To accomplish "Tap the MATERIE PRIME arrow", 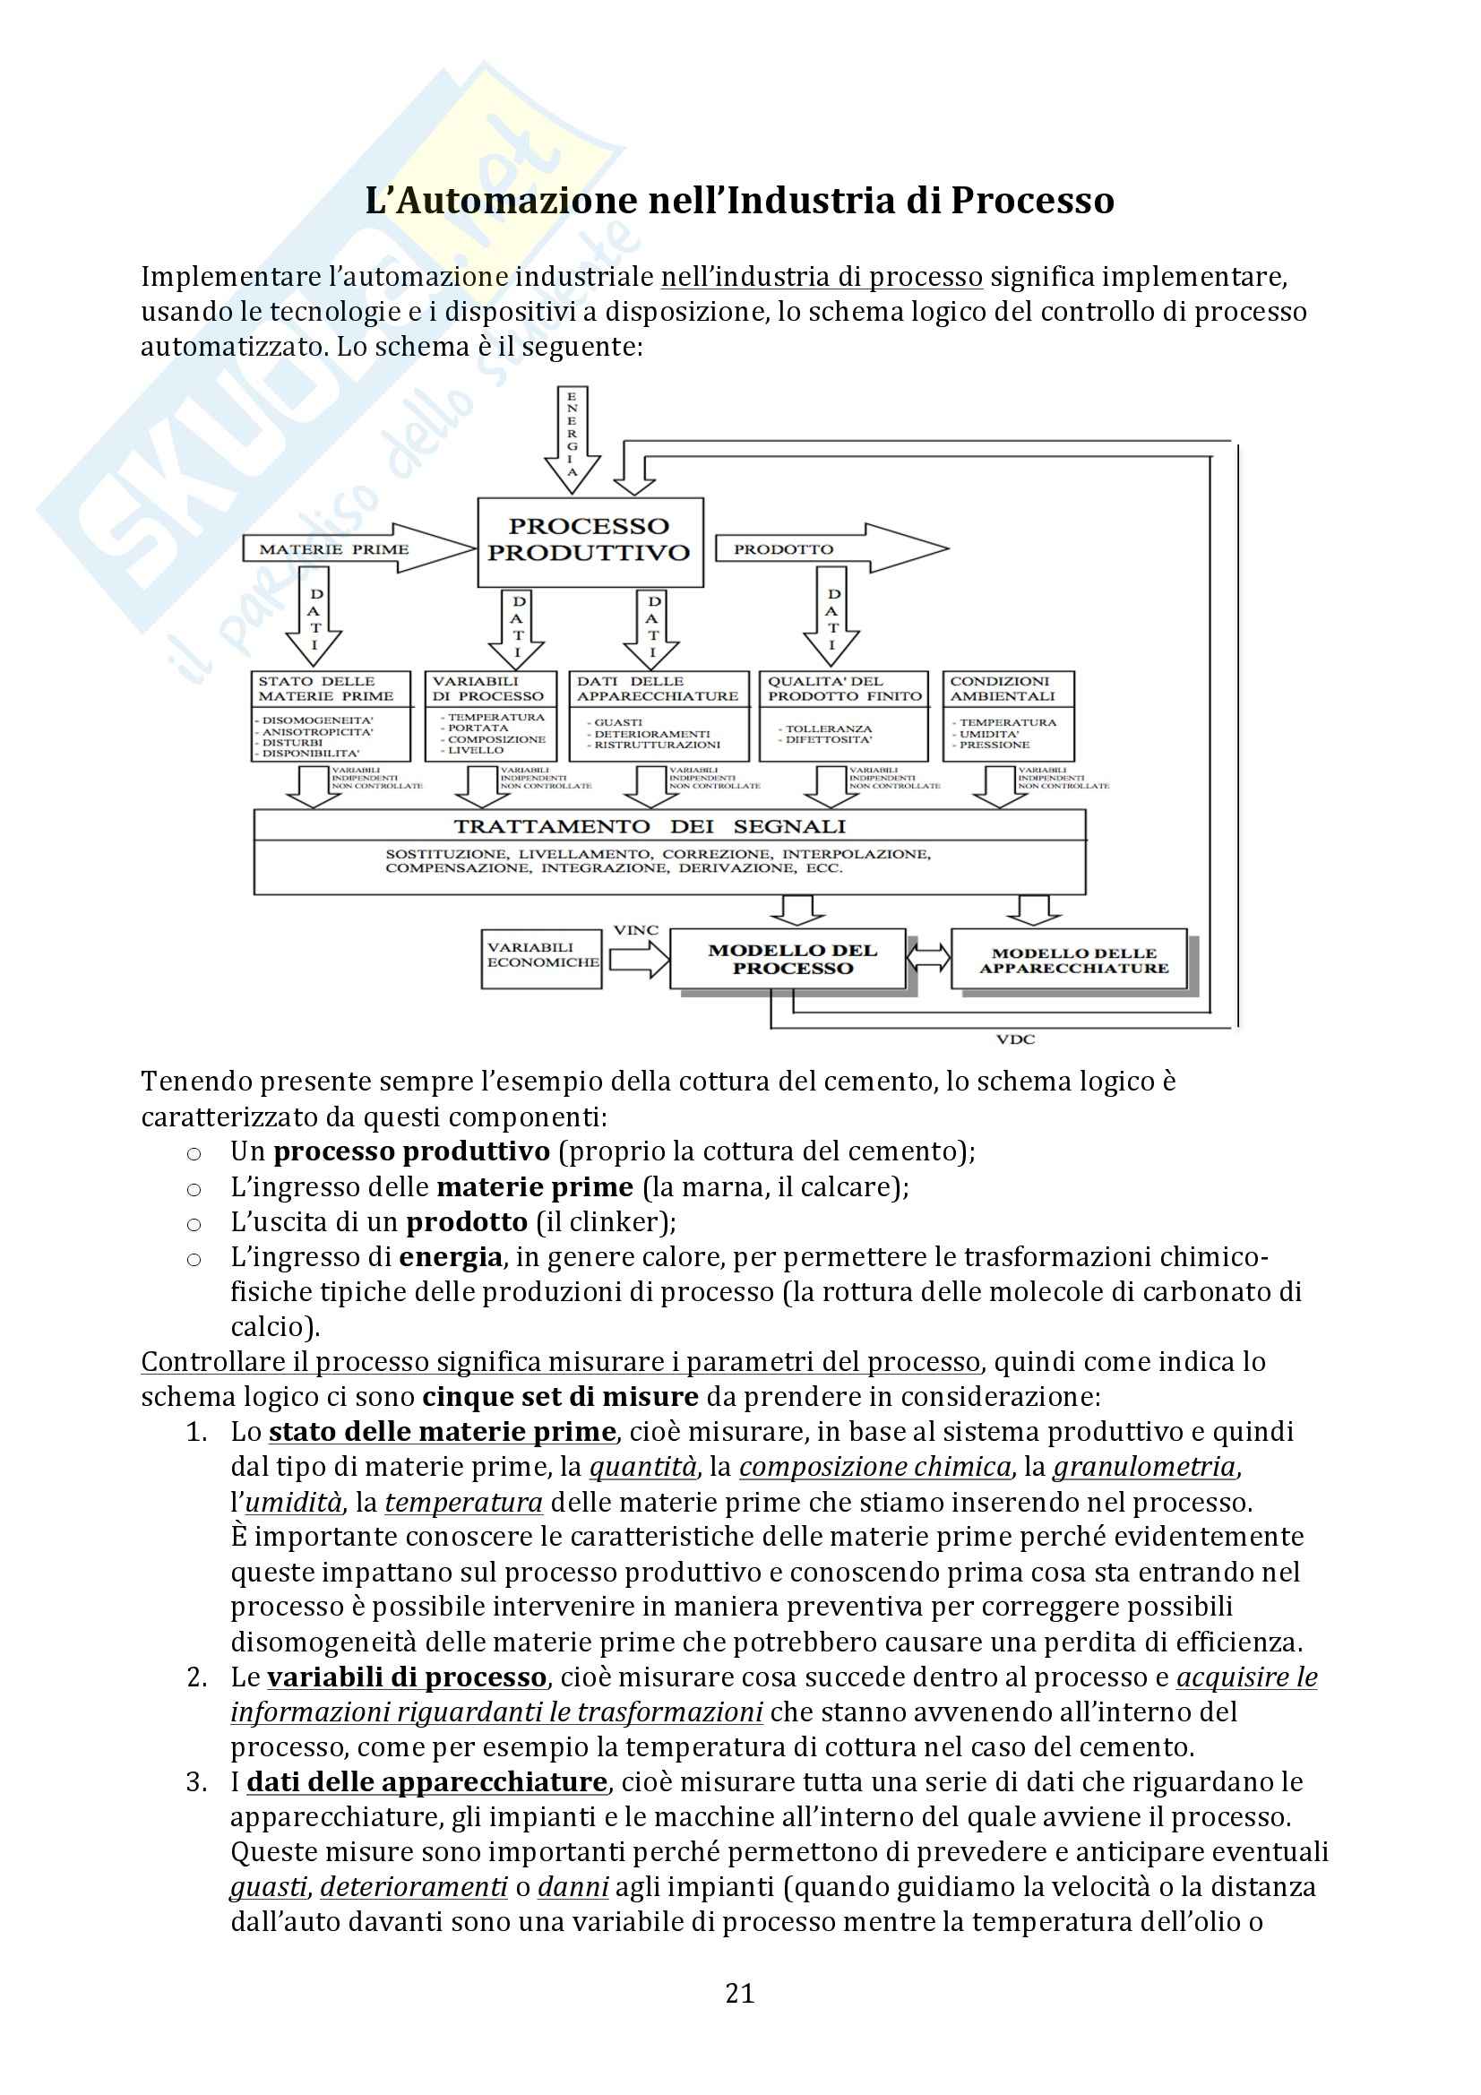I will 356,549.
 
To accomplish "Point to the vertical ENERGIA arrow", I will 573,438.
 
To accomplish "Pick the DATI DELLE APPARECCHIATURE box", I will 658,715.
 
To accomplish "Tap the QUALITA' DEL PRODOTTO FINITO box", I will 843,715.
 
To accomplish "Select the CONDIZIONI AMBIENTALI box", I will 1007,715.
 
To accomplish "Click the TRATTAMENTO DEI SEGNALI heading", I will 650,827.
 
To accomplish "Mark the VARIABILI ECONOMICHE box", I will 541,958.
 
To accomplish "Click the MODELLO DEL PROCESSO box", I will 789,959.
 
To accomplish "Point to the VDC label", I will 1015,1039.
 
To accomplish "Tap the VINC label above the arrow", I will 635,931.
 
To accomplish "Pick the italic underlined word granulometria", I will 1144,1467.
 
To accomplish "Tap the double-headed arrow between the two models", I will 928,958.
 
